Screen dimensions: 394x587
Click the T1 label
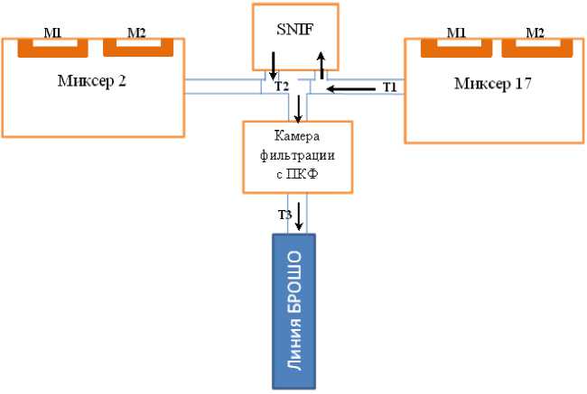click(x=390, y=87)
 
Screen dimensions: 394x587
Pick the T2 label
click(x=282, y=87)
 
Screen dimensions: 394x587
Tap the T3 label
click(x=284, y=214)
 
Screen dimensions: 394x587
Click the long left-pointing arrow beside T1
click(x=351, y=88)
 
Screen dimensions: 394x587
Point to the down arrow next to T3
click(x=300, y=216)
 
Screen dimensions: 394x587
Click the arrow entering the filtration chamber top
click(x=300, y=108)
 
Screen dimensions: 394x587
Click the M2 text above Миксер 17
click(x=536, y=32)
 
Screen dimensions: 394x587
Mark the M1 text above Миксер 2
click(x=53, y=32)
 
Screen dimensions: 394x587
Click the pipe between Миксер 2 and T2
click(x=221, y=86)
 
